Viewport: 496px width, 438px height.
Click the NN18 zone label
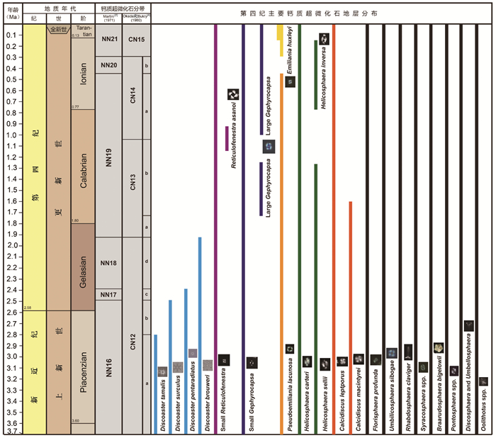[x=109, y=263]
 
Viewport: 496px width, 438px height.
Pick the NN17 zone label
[x=109, y=294]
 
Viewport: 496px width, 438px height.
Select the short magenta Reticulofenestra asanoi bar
[x=227, y=138]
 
